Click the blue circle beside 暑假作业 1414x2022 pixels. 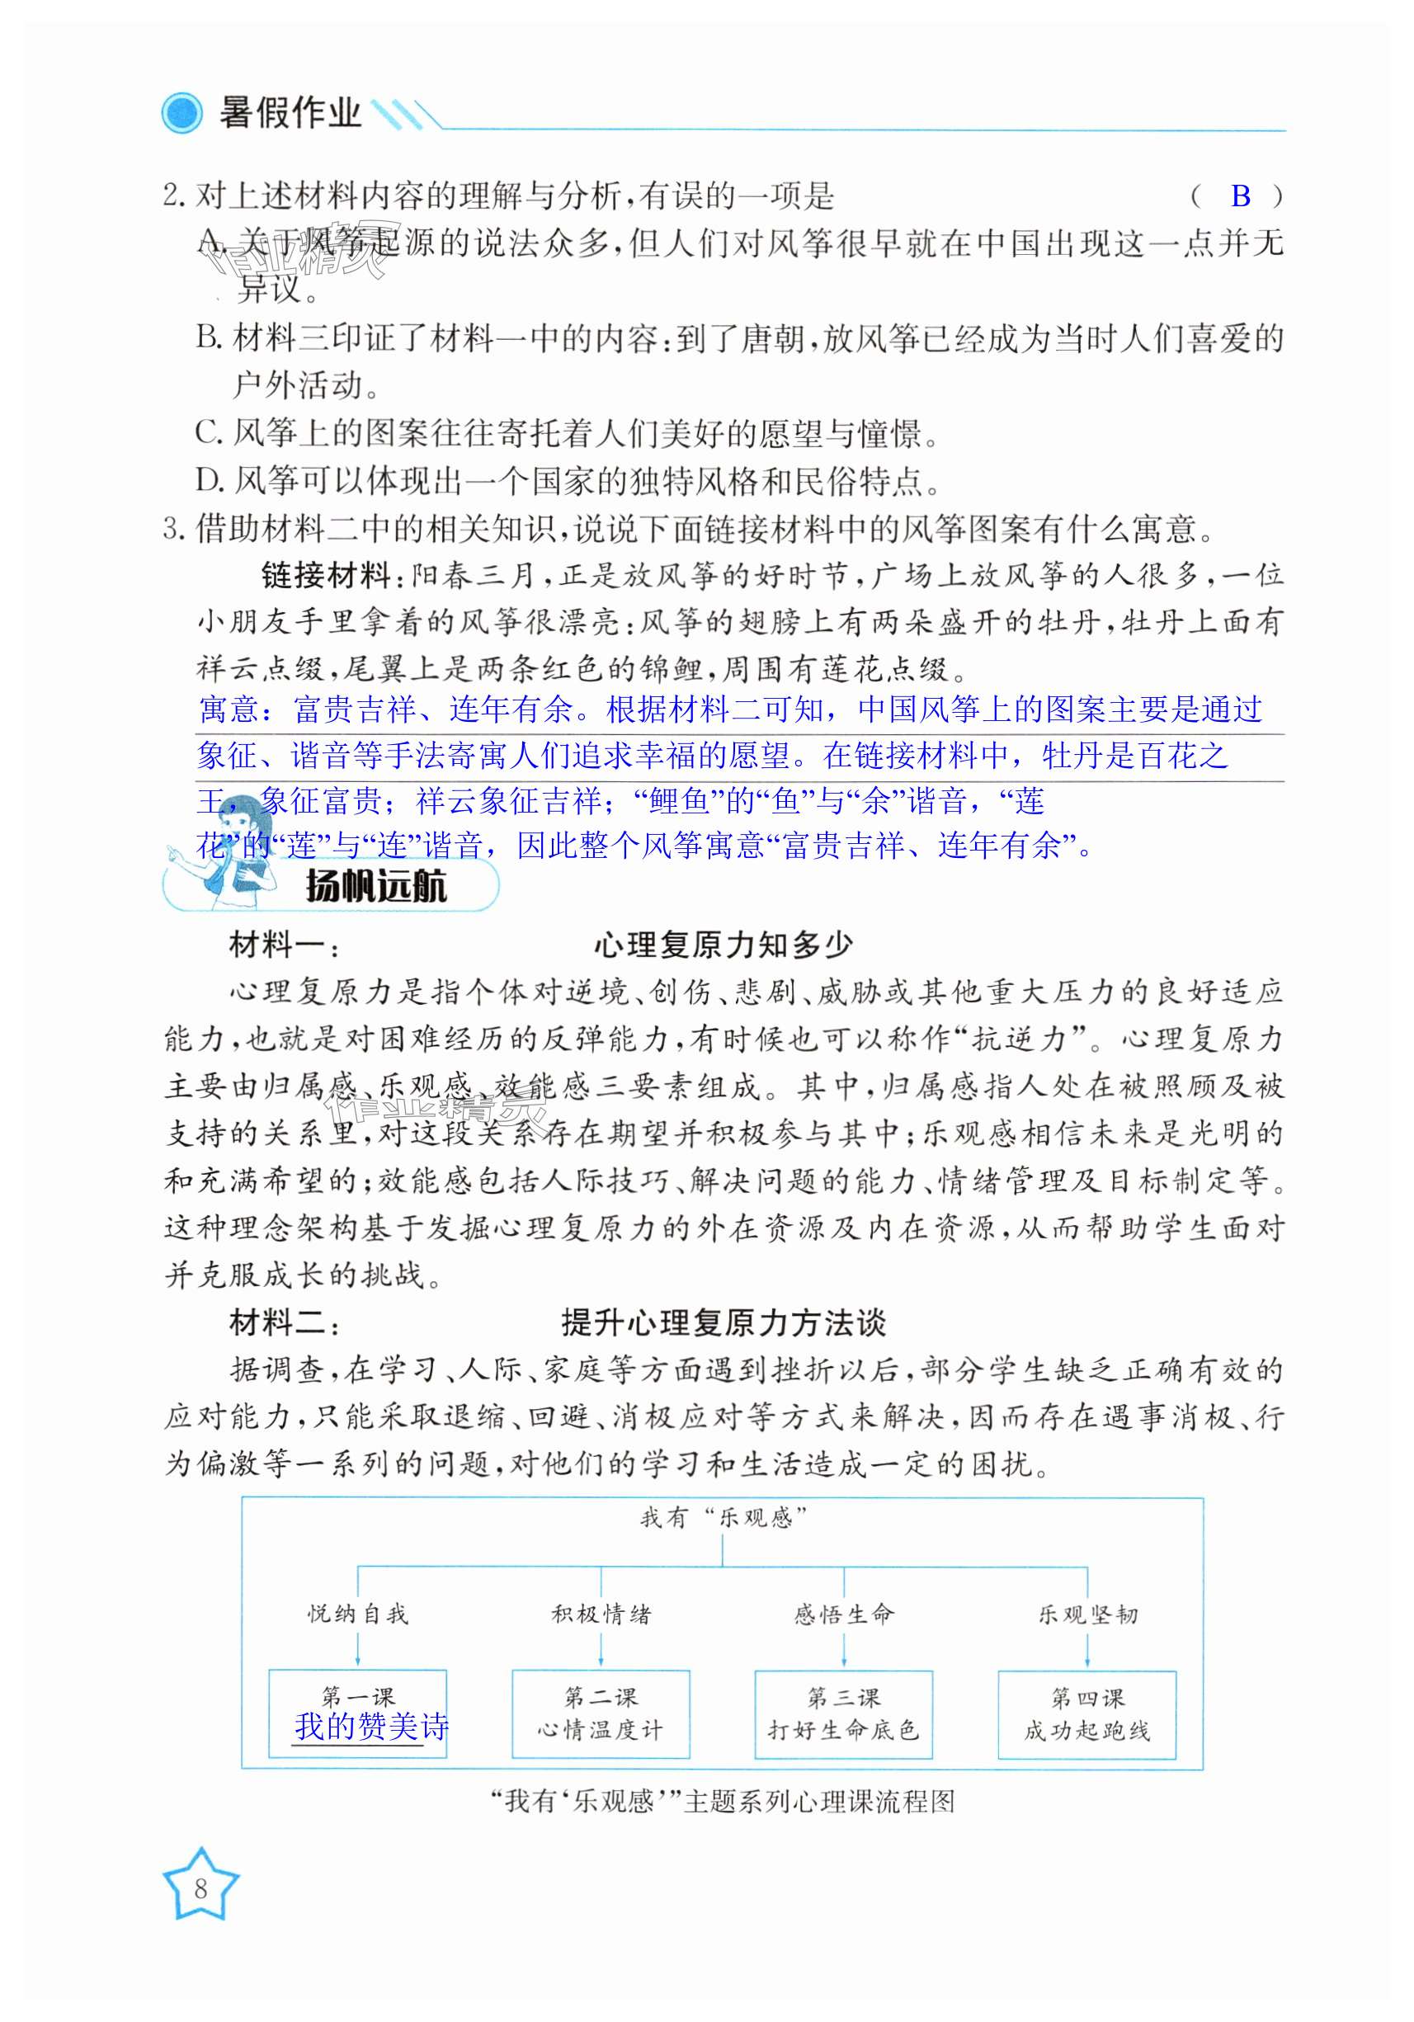181,114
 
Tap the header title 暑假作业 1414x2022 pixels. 290,113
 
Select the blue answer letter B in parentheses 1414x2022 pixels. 1240,196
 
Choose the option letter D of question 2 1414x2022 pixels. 209,480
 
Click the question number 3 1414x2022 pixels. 172,529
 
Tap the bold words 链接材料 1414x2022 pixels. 325,576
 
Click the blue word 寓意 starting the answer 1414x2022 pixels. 228,709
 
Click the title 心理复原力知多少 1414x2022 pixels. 723,945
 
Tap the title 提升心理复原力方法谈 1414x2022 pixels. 723,1322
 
